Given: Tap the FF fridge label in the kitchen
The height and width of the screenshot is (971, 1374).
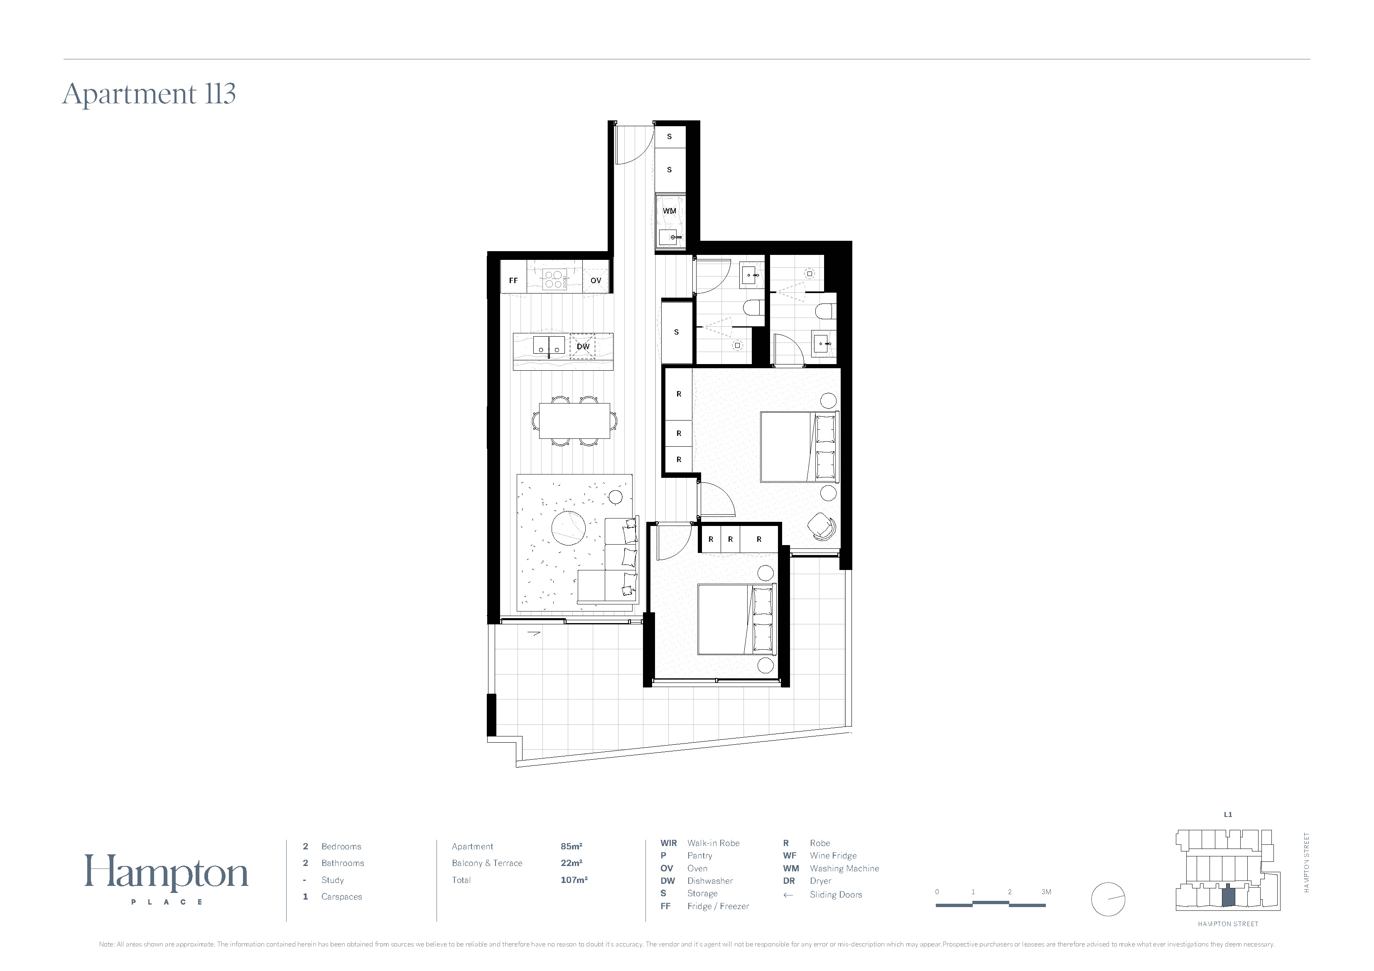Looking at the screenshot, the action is [513, 281].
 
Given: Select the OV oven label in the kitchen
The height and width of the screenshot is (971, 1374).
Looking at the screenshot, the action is [596, 281].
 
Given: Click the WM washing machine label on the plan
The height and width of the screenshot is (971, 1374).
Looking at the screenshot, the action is [669, 211].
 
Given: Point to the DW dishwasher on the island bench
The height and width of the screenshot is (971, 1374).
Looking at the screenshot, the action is [583, 346].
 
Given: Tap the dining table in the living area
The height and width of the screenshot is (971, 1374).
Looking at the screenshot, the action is [574, 421].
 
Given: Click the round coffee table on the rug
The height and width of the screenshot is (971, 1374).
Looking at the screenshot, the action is [569, 529].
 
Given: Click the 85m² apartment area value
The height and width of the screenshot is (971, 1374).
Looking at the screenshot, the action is [571, 846].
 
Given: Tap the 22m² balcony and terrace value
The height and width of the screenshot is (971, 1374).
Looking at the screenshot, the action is [571, 863].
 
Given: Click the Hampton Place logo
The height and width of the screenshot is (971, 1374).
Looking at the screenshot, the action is [167, 879].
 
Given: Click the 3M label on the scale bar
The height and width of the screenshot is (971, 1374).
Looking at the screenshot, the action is [1046, 892].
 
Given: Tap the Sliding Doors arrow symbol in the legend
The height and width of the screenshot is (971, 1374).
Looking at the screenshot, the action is [788, 895].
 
